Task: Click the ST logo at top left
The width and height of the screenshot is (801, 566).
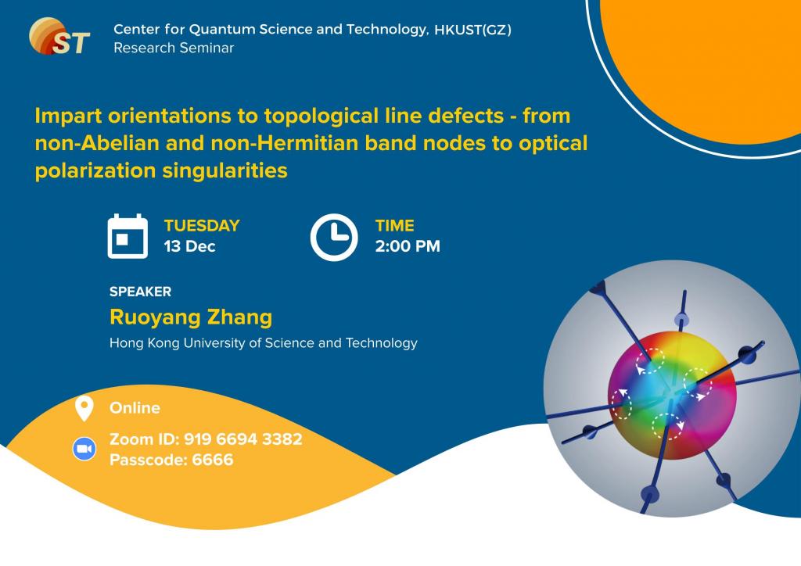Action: [59, 36]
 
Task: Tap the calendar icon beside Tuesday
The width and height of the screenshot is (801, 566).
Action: [128, 236]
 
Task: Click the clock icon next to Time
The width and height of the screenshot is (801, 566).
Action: [334, 238]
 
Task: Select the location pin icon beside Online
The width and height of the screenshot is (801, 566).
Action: [84, 408]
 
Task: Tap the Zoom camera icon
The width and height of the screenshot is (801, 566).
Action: [84, 449]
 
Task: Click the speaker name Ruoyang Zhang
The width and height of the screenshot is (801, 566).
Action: [191, 317]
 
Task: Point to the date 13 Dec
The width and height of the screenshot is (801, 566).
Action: [189, 246]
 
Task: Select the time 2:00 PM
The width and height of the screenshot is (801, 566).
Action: [408, 246]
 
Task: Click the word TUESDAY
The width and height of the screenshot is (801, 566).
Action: [202, 226]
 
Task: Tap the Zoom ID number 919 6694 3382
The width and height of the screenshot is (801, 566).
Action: [242, 439]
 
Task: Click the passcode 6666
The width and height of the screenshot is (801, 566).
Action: [213, 460]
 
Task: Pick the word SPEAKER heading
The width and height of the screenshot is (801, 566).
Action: [141, 292]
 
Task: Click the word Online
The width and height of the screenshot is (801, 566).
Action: [135, 408]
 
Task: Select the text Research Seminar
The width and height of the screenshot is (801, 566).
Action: [174, 48]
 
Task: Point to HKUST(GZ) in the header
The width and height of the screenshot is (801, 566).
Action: [472, 30]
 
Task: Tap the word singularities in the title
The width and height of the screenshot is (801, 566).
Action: [224, 171]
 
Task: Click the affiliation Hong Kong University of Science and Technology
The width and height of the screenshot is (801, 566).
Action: [264, 343]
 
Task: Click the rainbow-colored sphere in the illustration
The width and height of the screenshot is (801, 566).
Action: [672, 395]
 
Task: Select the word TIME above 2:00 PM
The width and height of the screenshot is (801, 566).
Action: [395, 226]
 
